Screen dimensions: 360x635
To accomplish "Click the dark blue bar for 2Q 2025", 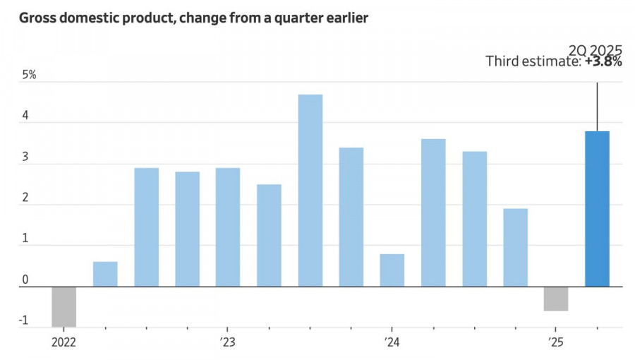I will tap(597, 209).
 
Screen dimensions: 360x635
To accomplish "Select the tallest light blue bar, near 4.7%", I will tap(310, 191).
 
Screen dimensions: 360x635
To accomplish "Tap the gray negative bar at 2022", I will tap(64, 306).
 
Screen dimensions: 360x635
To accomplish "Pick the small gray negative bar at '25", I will tap(556, 299).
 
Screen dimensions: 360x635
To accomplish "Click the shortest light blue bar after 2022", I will tap(105, 274).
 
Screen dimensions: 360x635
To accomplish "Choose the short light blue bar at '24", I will tap(392, 270).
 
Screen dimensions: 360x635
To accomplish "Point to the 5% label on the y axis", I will tap(29, 75).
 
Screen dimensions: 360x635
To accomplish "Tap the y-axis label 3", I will tap(25, 157).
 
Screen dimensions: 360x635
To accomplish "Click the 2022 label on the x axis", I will tap(64, 342).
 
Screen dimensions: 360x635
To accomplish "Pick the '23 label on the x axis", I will tap(227, 342).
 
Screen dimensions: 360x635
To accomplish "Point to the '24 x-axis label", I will tap(392, 342).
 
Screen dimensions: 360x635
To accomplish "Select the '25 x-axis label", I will tap(555, 342).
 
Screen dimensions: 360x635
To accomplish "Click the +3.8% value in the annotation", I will tap(603, 62).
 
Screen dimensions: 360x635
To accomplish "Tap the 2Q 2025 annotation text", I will tap(595, 49).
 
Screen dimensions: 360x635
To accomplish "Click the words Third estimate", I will tap(533, 62).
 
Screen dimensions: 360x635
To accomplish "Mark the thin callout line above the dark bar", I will tap(598, 106).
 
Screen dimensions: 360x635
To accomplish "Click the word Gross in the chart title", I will tap(38, 18).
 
